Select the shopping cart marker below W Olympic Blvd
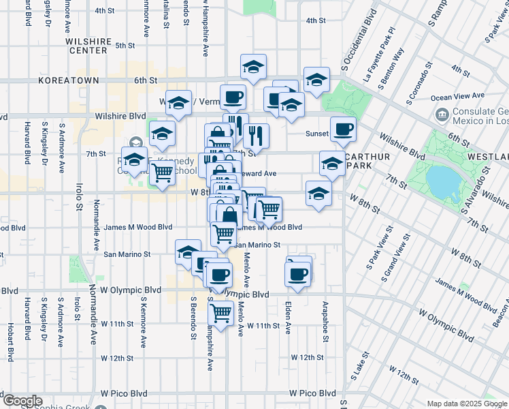click(x=220, y=314)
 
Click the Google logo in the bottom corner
click(x=22, y=401)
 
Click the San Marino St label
click(x=127, y=254)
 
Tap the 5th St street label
click(x=125, y=46)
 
